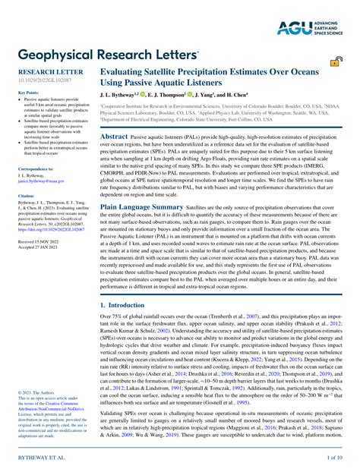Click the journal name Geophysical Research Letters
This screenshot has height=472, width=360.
click(x=107, y=55)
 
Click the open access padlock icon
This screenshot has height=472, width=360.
click(x=334, y=64)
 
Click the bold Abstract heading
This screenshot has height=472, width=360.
click(x=114, y=135)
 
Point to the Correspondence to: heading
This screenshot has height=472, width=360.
click(x=36, y=168)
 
